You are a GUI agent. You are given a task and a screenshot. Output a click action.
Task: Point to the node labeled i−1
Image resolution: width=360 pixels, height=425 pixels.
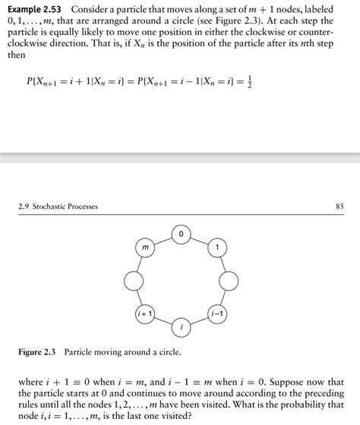point(217,313)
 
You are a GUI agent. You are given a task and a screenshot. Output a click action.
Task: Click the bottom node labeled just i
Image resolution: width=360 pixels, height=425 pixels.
point(181,327)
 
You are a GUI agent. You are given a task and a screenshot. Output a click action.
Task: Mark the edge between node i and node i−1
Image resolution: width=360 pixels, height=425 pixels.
point(199,320)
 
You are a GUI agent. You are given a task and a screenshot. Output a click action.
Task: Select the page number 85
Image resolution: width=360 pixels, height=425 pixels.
point(339,206)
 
